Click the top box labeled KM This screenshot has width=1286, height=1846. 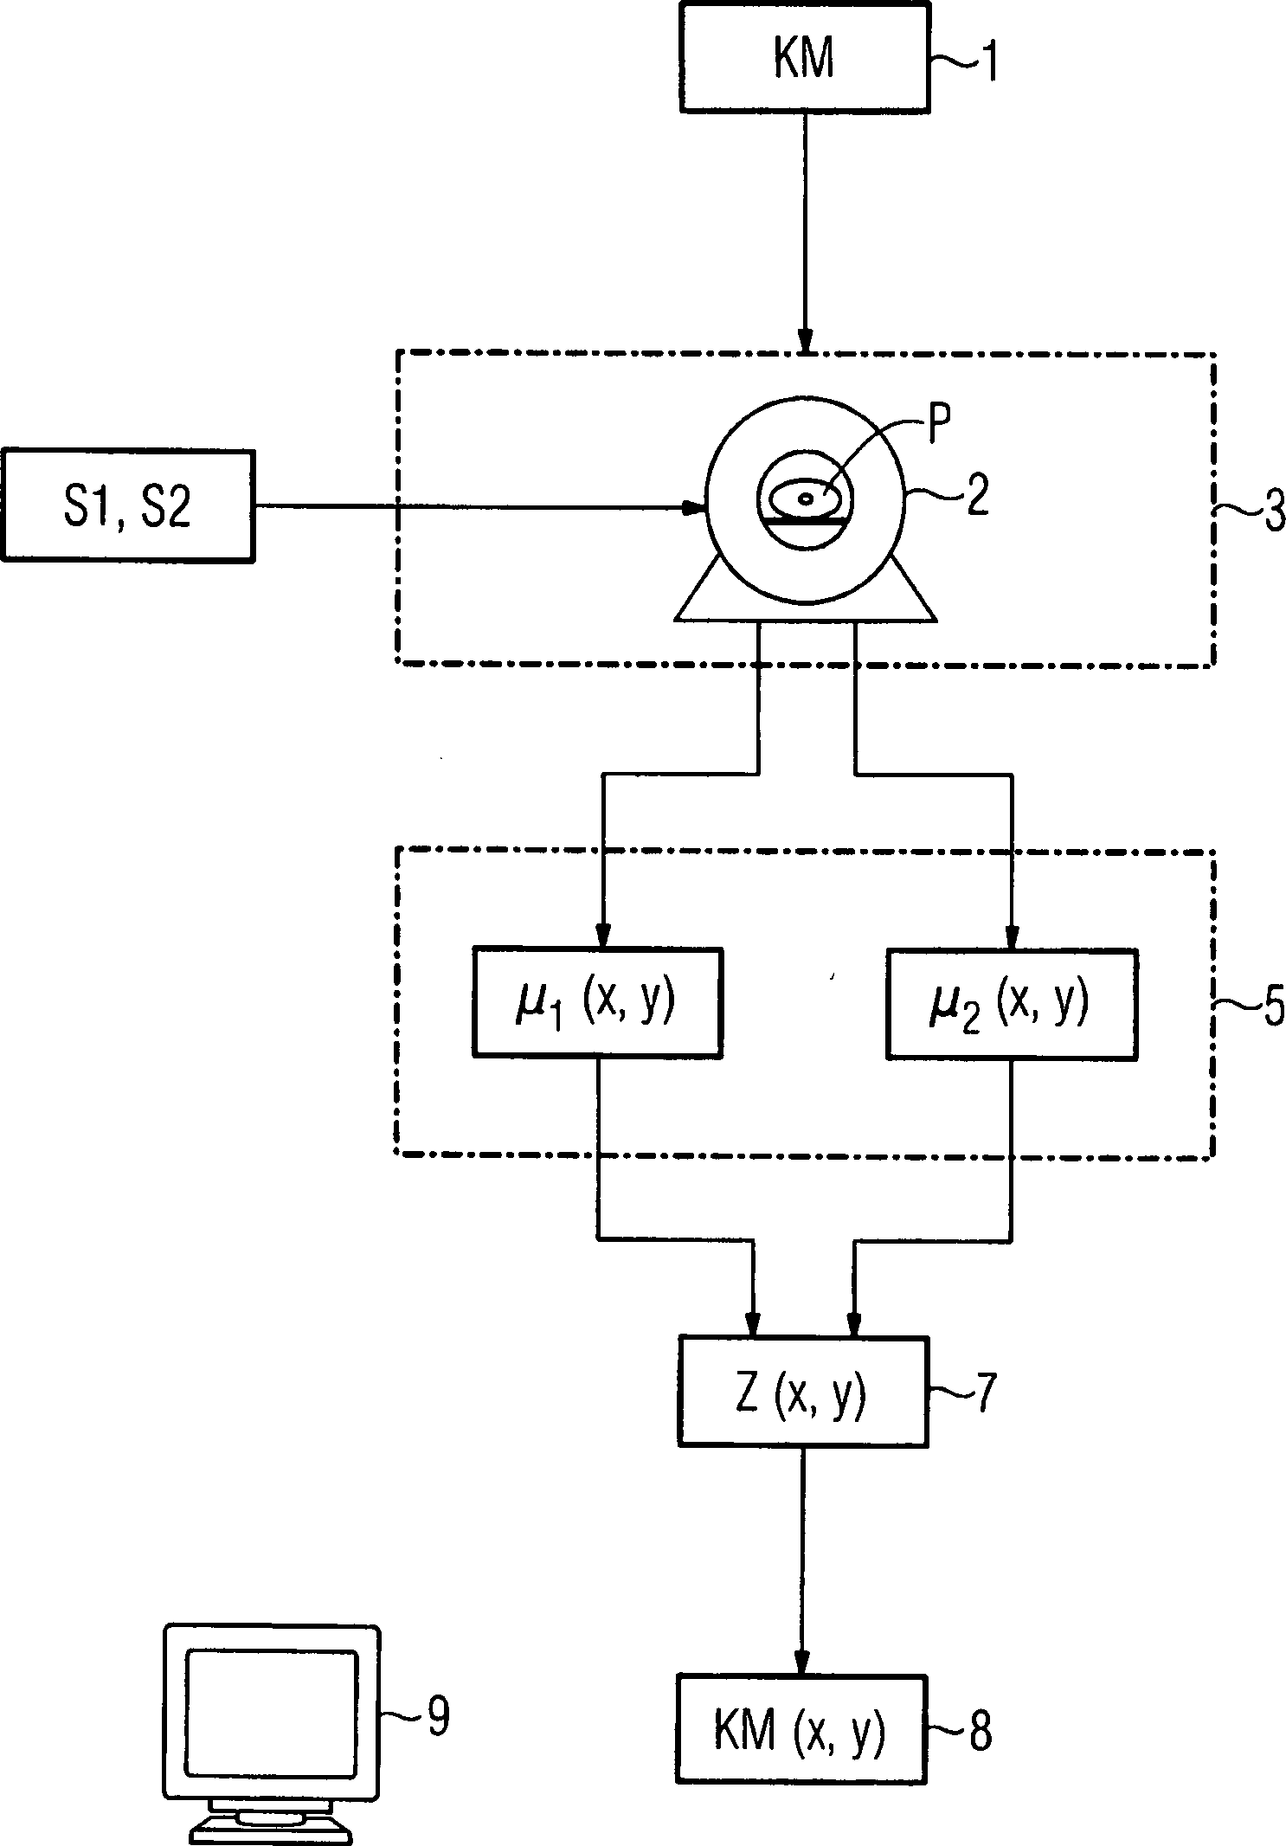(805, 57)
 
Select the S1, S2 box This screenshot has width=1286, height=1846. (127, 506)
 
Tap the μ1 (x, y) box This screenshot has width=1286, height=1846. (597, 1003)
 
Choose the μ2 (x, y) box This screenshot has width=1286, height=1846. (1011, 1003)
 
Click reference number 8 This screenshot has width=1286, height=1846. (980, 1729)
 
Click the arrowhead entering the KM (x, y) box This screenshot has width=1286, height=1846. (802, 1663)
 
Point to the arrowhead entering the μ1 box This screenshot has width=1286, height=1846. (602, 936)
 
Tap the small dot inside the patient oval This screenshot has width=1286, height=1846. (805, 498)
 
